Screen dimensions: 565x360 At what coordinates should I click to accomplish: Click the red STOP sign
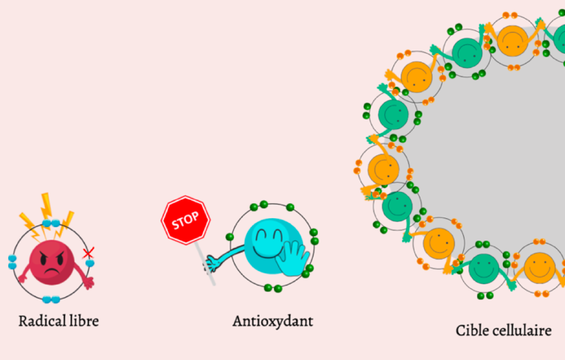pos(186,220)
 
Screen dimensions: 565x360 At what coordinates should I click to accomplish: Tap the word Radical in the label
pos(38,320)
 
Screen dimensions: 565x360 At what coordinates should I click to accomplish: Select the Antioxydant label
pos(273,320)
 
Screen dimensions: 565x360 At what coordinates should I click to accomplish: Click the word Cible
pos(471,330)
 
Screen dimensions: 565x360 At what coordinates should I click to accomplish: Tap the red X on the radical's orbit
pos(88,253)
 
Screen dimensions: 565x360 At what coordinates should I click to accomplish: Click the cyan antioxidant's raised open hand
pos(292,258)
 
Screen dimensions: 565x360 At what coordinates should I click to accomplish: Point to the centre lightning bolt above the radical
pos(47,205)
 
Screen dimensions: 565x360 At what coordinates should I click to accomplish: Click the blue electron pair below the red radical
pos(51,299)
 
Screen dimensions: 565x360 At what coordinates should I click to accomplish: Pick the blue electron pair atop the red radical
pos(51,223)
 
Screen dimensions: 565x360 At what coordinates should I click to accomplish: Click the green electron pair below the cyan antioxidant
pos(273,288)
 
